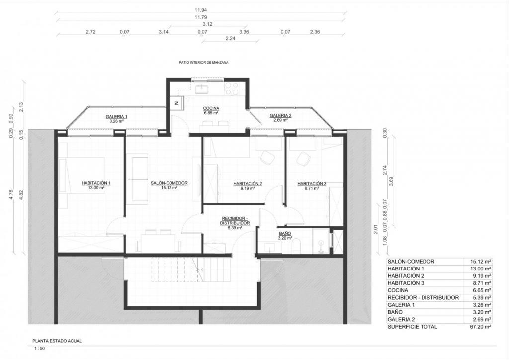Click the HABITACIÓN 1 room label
(96, 183)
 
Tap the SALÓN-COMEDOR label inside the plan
(169, 183)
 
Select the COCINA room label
(211, 108)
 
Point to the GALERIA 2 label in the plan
(280, 115)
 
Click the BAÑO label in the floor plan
(285, 233)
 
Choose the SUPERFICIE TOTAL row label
(412, 327)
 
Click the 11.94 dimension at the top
(201, 10)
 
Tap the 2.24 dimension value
(230, 38)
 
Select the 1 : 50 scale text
(40, 349)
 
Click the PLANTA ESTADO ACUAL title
(57, 341)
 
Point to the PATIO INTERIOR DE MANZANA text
(203, 62)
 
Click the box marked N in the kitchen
(177, 103)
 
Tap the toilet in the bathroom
(296, 247)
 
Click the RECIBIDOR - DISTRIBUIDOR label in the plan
(235, 221)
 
